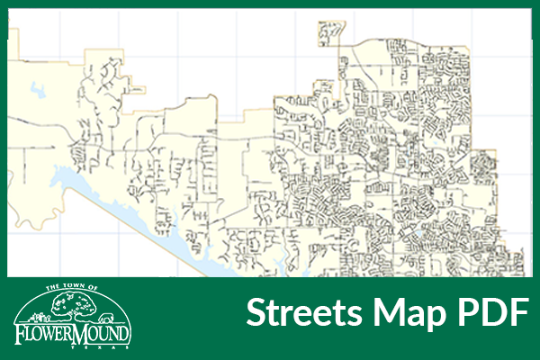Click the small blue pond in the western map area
pyautogui.click(x=40, y=90)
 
